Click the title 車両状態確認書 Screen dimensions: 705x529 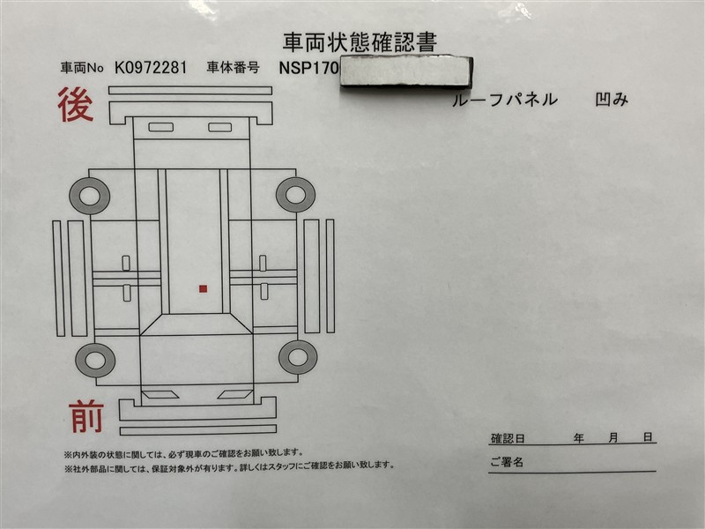[x=360, y=42]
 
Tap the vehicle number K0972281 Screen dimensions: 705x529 [x=150, y=68]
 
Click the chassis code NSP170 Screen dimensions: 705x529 [x=308, y=68]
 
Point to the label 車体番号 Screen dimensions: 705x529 [x=233, y=68]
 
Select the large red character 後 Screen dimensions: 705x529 [x=76, y=104]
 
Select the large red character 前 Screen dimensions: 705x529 [x=86, y=416]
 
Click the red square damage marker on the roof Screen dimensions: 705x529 [x=204, y=289]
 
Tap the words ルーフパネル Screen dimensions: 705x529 [x=504, y=100]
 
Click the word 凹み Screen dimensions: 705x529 [x=612, y=100]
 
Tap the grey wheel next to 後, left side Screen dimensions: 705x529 [x=90, y=196]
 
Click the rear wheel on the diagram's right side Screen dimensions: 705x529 [x=295, y=195]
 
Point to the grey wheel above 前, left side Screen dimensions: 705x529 [x=95, y=360]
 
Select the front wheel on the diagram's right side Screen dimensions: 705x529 [x=298, y=357]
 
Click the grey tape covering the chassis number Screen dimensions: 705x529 [x=406, y=72]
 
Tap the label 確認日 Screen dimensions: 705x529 [x=508, y=438]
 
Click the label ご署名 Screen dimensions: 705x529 [x=507, y=462]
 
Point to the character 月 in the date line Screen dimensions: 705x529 [x=613, y=437]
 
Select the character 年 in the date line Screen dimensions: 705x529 [x=579, y=437]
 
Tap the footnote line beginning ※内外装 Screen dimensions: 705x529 [x=184, y=453]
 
